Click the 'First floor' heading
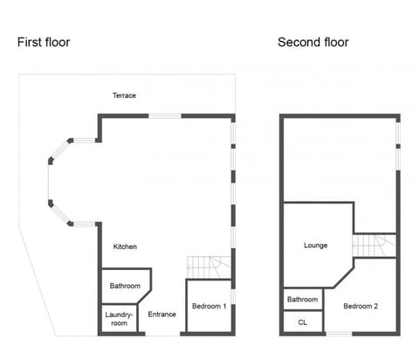(x=44, y=42)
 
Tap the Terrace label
(x=124, y=95)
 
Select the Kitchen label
(x=125, y=247)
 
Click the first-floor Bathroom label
(x=125, y=286)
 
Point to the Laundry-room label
(x=116, y=319)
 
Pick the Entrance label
(x=162, y=315)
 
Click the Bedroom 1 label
(x=209, y=306)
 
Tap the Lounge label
(x=315, y=246)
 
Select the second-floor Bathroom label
(x=303, y=300)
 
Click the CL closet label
(x=303, y=322)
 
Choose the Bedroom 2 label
(x=361, y=306)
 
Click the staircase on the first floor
(x=209, y=265)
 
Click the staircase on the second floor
(x=374, y=246)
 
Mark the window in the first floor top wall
(x=164, y=115)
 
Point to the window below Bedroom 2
(x=340, y=334)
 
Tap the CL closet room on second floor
(x=303, y=322)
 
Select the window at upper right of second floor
(x=398, y=133)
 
